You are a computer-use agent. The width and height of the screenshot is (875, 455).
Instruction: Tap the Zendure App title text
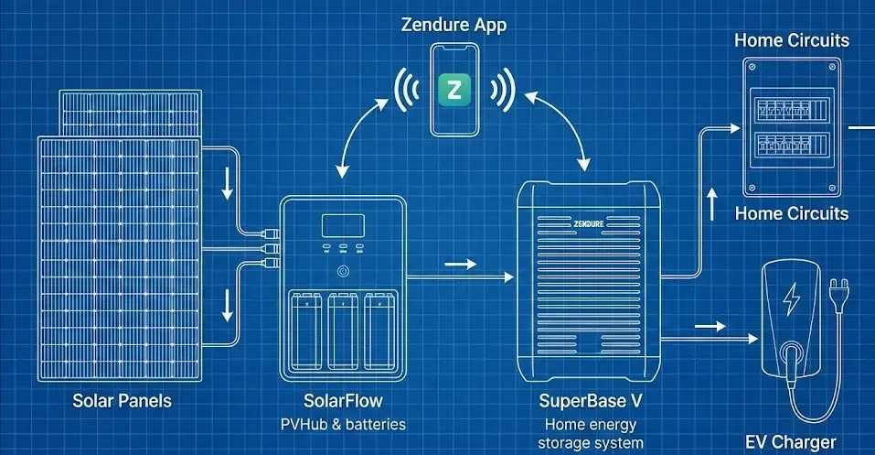tap(454, 25)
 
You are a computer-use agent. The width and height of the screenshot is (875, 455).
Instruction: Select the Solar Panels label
tap(122, 401)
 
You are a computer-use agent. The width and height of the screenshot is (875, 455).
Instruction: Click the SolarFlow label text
tap(342, 401)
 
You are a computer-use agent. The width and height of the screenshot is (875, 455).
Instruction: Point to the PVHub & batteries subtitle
tap(342, 424)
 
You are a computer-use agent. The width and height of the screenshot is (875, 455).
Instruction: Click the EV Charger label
tap(790, 442)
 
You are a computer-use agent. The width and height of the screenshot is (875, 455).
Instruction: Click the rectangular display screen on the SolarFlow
tap(343, 226)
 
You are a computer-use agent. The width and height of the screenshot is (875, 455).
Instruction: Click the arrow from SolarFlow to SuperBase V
tap(461, 265)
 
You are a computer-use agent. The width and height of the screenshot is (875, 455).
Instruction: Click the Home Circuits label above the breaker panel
tap(792, 40)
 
